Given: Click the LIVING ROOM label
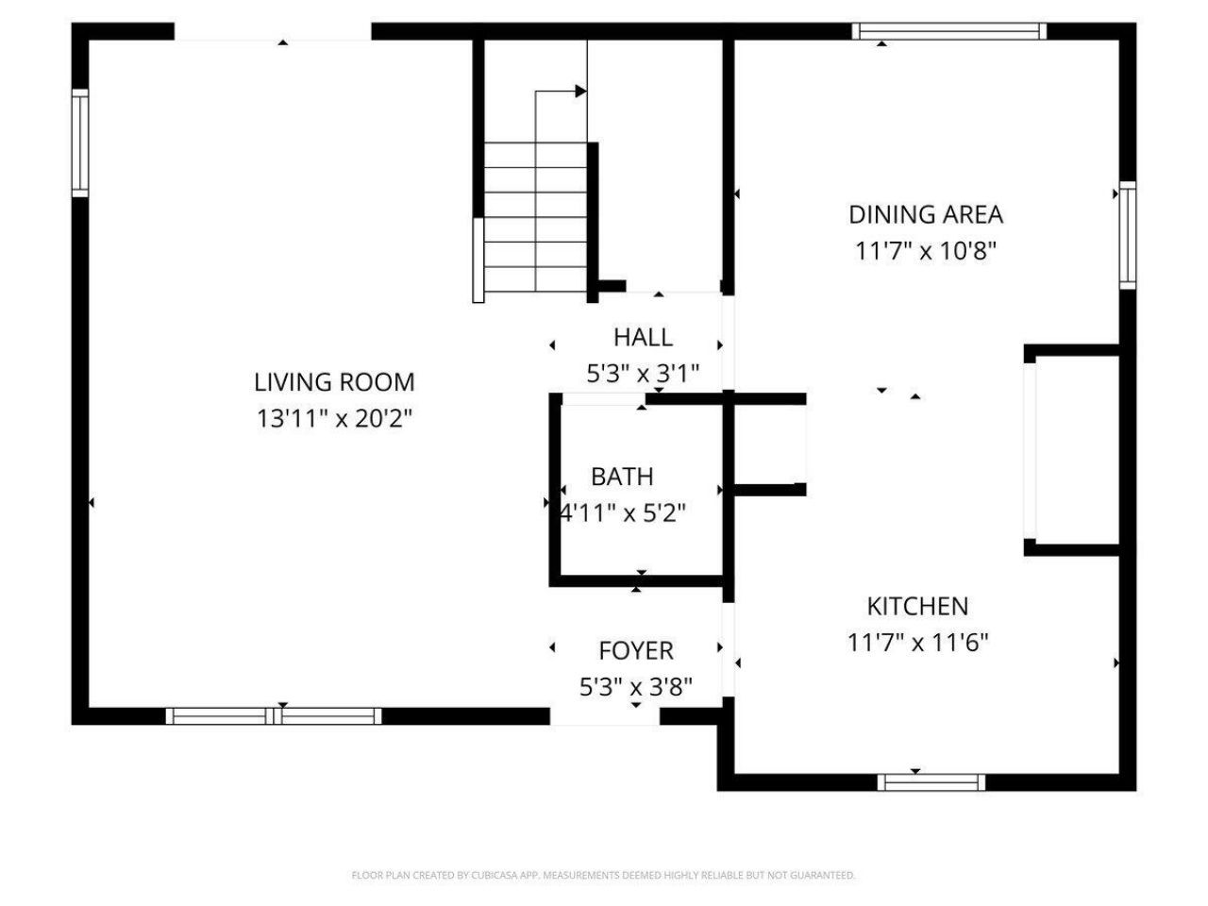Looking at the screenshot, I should [x=334, y=382].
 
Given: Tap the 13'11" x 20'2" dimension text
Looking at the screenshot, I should [x=334, y=418].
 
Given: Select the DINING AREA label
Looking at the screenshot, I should [x=925, y=214].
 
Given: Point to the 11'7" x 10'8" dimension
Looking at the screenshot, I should [x=925, y=251].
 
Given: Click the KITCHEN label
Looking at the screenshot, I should [x=917, y=606].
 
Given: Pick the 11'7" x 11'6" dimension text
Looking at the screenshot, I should [x=917, y=643].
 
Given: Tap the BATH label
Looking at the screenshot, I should [x=622, y=477].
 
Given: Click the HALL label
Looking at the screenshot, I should [x=643, y=337].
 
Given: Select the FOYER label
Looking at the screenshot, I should [x=636, y=650].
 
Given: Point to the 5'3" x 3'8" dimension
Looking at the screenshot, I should [x=636, y=686].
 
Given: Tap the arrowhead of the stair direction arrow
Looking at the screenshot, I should [x=580, y=92].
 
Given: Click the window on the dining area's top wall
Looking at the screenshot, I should [x=948, y=31].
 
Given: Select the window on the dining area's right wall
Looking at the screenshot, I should [x=1127, y=234].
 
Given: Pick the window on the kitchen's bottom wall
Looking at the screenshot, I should [x=931, y=782].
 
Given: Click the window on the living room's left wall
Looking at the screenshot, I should [x=80, y=143].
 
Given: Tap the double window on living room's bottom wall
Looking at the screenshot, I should [x=274, y=716].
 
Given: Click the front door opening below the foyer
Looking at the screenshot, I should [x=605, y=717].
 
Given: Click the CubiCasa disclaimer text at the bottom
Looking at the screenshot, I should [x=603, y=876].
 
